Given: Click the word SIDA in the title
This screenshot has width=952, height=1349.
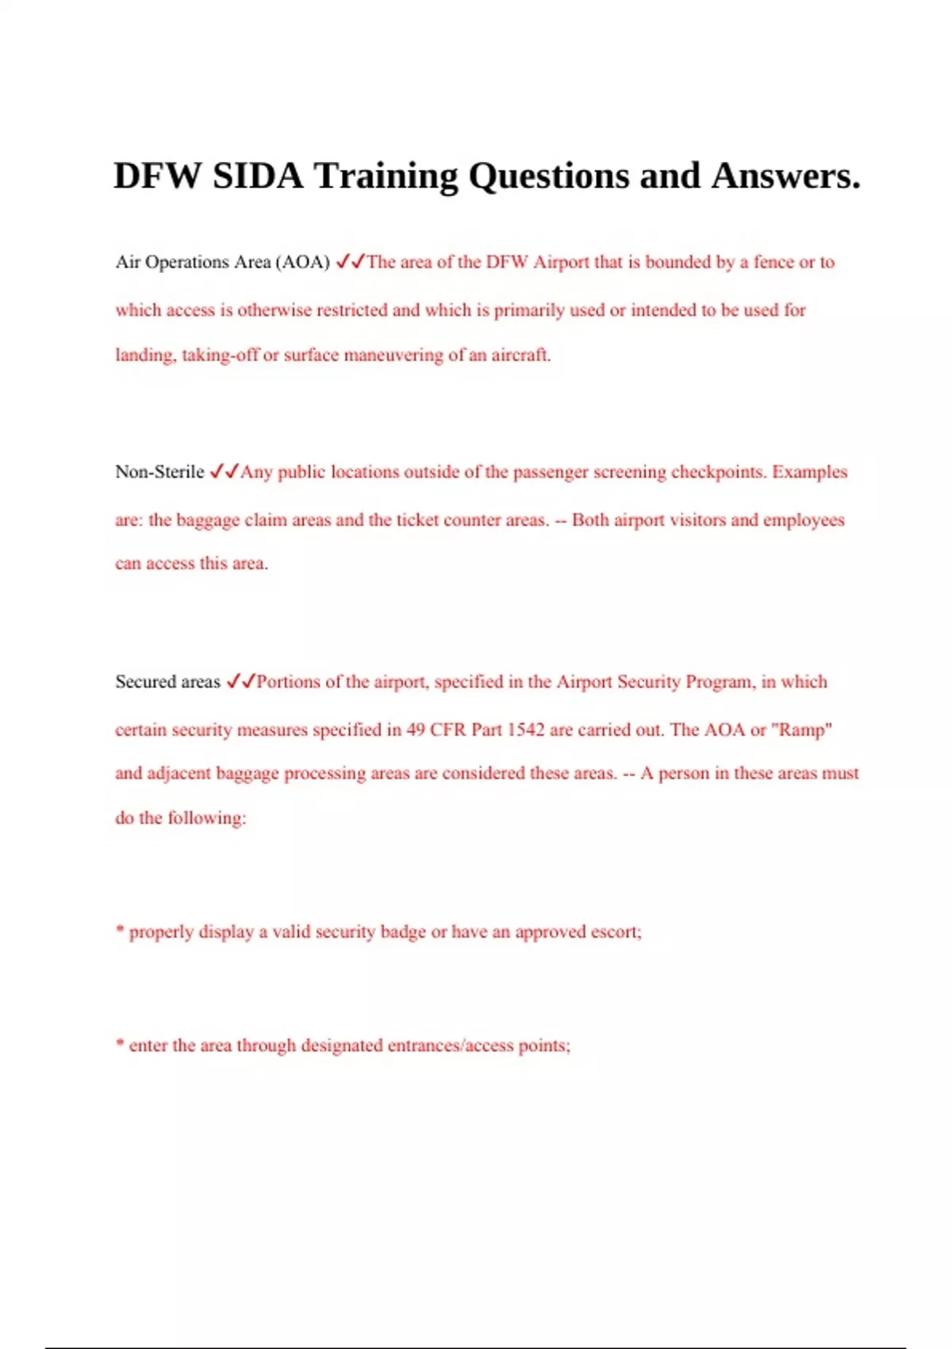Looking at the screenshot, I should click(x=258, y=175).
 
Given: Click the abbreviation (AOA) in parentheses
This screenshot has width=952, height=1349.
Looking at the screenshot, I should click(x=302, y=262).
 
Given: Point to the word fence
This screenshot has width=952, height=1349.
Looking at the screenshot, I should click(x=773, y=262).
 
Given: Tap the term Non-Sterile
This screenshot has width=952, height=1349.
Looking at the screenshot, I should click(x=159, y=472).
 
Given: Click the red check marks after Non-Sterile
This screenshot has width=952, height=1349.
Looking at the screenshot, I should click(x=224, y=472).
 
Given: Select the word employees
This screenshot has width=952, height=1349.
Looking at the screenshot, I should click(x=804, y=520).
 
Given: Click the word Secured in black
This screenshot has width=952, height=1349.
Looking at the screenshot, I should click(x=145, y=682).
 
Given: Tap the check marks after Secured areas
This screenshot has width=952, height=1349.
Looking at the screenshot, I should click(x=240, y=682).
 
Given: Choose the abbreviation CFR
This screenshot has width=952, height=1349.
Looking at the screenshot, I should click(x=447, y=729).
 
